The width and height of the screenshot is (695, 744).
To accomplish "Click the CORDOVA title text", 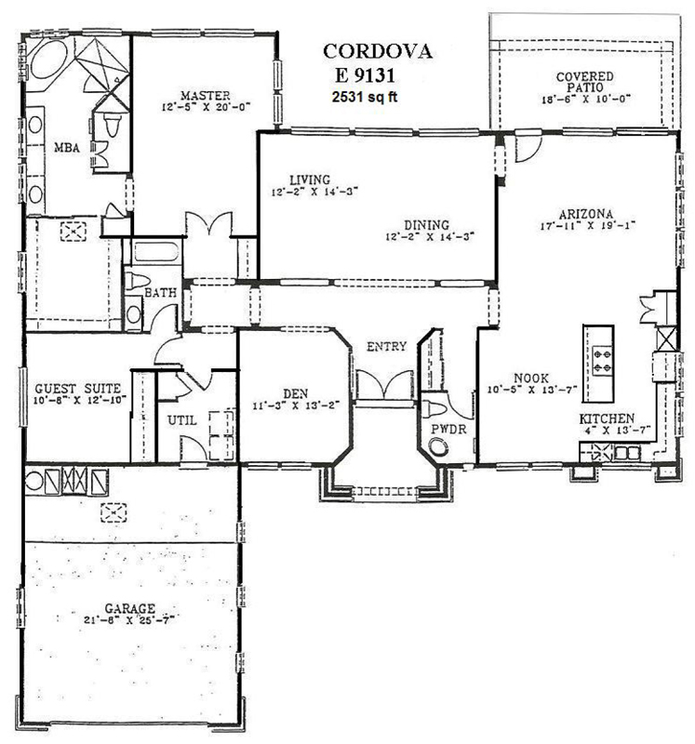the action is click(378, 51).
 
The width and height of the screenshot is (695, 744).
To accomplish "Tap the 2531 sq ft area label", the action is click(365, 97).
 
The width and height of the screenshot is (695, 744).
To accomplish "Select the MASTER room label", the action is click(205, 96).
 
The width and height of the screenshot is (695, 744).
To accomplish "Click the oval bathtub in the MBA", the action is click(48, 59).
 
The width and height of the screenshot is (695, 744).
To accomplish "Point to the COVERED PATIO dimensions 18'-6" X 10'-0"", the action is click(586, 100).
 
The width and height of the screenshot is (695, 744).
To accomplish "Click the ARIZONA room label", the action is click(586, 214).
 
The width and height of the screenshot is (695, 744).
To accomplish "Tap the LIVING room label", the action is click(310, 179).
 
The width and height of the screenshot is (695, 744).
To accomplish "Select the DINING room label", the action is click(426, 224).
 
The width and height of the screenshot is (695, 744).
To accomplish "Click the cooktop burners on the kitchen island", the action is click(602, 360).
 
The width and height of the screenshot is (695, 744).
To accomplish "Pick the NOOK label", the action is click(531, 379).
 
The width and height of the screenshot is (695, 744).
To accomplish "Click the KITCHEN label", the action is click(607, 418).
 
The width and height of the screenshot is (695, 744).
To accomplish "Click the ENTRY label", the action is click(386, 346).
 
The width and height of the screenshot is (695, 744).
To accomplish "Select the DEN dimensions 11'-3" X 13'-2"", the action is click(296, 405).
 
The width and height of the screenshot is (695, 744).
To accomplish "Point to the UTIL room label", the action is click(182, 420).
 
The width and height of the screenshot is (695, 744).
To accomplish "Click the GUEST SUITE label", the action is click(78, 389).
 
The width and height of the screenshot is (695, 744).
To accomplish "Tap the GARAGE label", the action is click(129, 608).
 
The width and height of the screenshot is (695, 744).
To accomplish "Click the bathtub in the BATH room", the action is click(156, 252).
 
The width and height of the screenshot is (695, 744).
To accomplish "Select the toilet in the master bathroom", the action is click(111, 125).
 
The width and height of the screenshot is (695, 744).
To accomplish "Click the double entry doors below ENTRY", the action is click(385, 385).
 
